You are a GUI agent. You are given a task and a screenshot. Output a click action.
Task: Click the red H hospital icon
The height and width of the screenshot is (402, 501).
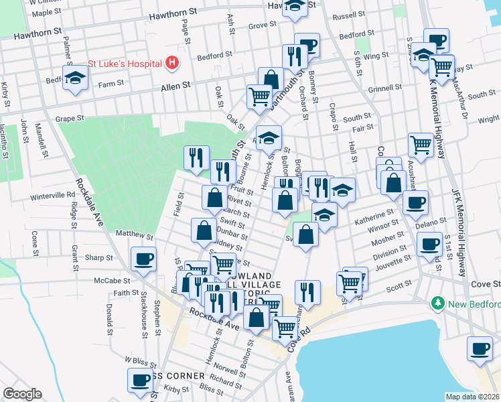coord(173,63)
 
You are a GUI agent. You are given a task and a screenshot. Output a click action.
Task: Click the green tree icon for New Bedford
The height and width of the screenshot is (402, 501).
coord(439,304)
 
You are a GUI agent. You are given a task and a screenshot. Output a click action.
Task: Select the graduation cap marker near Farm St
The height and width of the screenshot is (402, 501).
coord(76,77)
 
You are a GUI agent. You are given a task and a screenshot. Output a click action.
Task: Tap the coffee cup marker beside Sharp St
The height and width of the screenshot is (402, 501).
coord(143,259)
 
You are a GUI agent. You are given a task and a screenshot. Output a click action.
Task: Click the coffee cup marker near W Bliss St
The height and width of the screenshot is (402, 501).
coord(141,380)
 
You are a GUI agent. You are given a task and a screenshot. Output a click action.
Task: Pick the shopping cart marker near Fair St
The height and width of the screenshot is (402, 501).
coord(421,143)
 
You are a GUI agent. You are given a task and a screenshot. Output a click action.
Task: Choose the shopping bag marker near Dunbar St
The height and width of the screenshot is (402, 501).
coord(204,230)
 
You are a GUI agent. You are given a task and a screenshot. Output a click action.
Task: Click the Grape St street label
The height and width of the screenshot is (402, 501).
coord(70,119)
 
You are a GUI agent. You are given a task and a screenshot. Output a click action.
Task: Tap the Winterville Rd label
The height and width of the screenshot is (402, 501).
coord(53,196)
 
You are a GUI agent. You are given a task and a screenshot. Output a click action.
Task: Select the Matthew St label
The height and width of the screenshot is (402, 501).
coord(135,235)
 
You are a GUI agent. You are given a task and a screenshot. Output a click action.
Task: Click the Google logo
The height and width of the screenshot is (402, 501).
coord(22,394)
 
